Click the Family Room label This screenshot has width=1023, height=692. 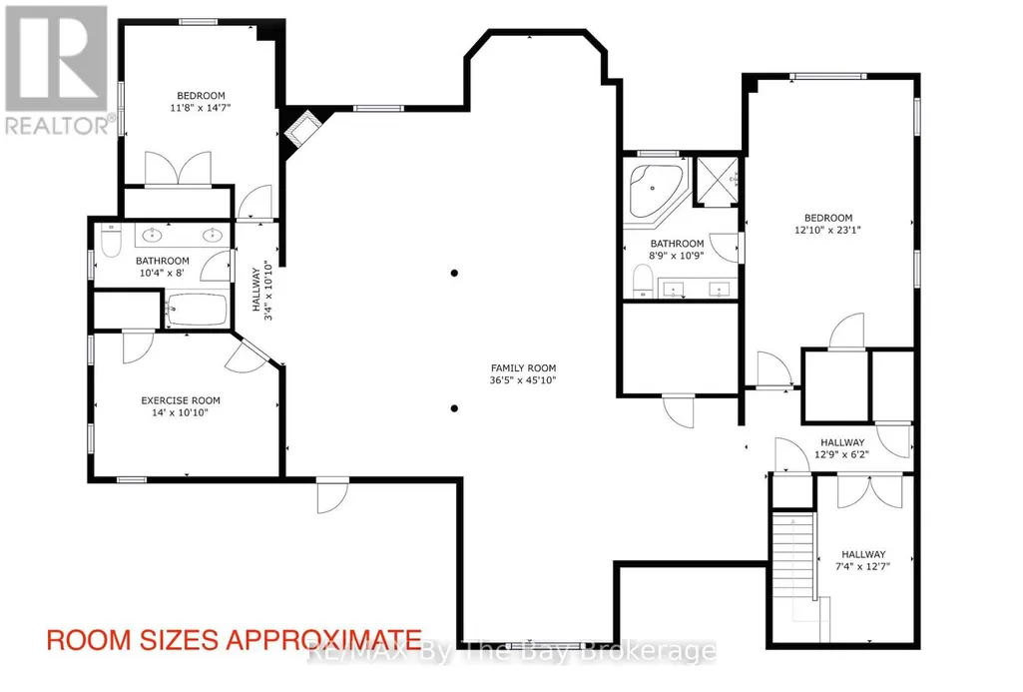pyautogui.click(x=523, y=368)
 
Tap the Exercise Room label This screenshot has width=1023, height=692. pyautogui.click(x=181, y=400)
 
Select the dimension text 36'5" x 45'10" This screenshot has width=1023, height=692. pyautogui.click(x=523, y=379)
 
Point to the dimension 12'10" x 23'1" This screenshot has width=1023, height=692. pyautogui.click(x=828, y=230)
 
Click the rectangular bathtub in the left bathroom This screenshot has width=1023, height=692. pyautogui.click(x=197, y=309)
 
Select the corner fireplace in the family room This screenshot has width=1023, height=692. pyautogui.click(x=301, y=131)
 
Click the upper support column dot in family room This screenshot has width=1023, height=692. pyautogui.click(x=454, y=273)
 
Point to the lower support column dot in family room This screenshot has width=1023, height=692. pyautogui.click(x=454, y=408)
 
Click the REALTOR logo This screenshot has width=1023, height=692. pyautogui.click(x=57, y=70)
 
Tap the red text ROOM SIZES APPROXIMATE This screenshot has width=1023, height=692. pyautogui.click(x=235, y=640)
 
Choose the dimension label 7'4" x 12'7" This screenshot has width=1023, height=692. pyautogui.click(x=863, y=566)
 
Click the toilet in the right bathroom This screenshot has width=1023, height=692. pyautogui.click(x=643, y=282)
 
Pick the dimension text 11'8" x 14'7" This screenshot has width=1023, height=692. pyautogui.click(x=201, y=108)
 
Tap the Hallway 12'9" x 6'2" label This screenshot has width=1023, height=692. pyautogui.click(x=842, y=448)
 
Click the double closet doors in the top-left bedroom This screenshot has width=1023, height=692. pyautogui.click(x=178, y=170)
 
